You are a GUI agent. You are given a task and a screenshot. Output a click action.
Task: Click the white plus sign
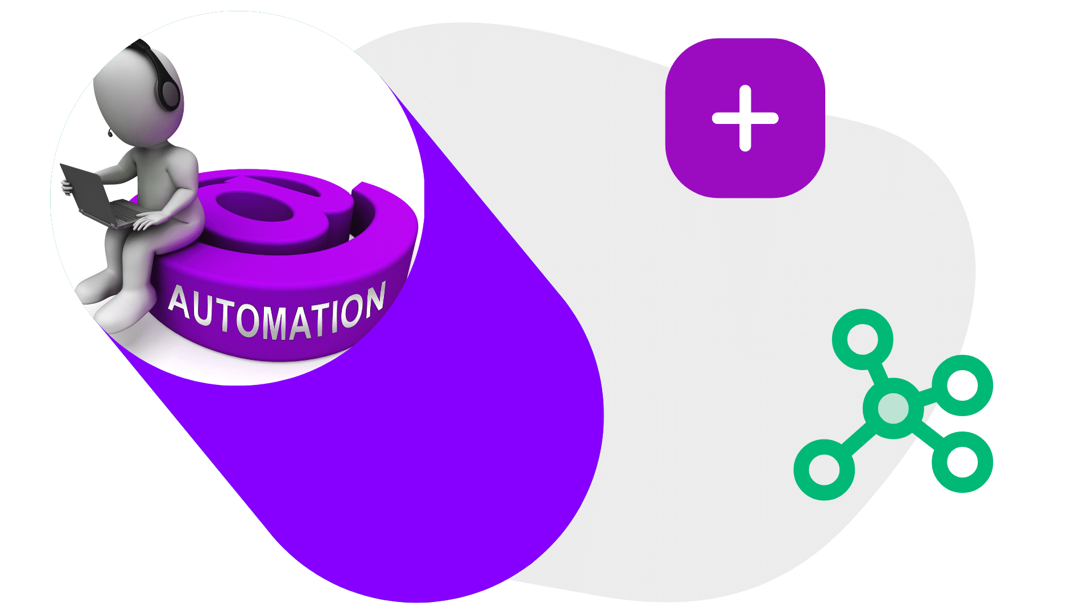pos(745,118)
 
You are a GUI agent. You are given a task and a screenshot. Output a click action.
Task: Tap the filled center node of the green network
pos(893,408)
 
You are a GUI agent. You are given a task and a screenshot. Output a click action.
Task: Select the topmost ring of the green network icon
pos(862,339)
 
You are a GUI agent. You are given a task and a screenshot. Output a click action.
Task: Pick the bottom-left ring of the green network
pos(824,470)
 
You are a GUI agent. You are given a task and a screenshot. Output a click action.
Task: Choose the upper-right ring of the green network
pos(962,385)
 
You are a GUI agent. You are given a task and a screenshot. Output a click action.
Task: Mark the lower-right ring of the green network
pos(962,462)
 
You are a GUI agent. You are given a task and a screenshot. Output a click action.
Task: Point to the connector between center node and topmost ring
pos(877,372)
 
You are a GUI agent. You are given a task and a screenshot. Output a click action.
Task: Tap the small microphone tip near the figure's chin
pos(109,134)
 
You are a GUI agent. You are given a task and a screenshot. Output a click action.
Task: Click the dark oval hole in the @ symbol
pos(254,206)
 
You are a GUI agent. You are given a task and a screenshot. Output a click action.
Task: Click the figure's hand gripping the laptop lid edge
pos(67,186)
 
